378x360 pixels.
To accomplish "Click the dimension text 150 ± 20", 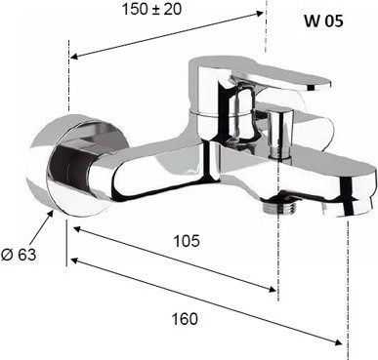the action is [151, 9].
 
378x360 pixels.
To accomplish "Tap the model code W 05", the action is [323, 21].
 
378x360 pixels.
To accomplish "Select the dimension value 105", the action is [187, 241].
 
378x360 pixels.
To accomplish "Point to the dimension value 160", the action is [185, 319].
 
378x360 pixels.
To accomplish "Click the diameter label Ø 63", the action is [19, 255].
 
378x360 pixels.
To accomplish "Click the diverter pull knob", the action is [279, 134].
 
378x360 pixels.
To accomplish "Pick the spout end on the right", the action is [354, 192].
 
